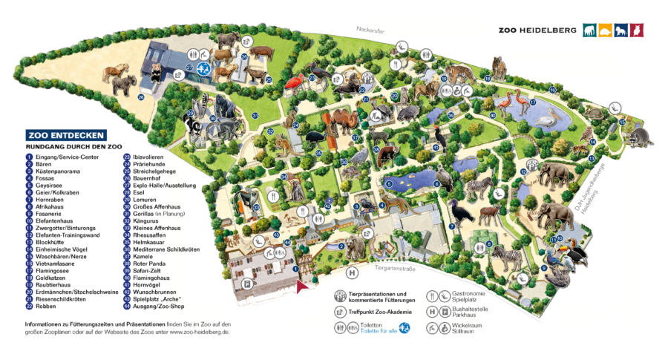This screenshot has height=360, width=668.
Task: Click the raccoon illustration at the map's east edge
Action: point(640,135)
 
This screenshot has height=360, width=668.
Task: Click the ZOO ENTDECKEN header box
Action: point(66,136)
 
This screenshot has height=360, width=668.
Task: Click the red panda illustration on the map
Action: point(387,154)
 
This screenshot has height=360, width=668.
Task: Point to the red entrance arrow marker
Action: point(301,286)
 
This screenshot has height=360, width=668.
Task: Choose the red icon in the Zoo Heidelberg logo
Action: point(637,30)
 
